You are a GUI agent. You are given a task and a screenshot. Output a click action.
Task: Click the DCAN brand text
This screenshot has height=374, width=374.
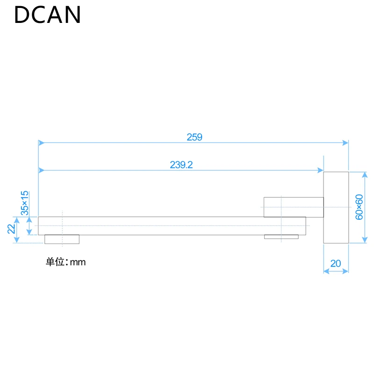(47, 14)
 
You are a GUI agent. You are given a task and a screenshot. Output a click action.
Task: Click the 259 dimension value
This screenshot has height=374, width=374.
(194, 137)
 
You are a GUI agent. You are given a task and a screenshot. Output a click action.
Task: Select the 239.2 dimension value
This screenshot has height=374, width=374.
(181, 165)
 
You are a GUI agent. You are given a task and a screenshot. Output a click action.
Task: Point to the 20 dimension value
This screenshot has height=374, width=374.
(336, 263)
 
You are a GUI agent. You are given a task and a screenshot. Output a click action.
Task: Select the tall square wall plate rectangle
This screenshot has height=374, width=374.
(336, 207)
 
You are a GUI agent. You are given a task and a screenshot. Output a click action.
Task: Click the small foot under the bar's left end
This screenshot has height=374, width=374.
(62, 239)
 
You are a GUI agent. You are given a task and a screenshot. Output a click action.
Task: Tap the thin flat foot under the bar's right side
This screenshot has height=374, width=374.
(281, 237)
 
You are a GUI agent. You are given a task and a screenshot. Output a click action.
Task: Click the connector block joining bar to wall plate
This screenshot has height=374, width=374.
(294, 207)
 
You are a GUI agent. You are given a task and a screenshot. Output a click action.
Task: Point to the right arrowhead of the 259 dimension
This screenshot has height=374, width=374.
(346, 143)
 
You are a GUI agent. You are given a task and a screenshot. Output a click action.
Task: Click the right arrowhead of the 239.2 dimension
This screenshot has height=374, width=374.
(321, 170)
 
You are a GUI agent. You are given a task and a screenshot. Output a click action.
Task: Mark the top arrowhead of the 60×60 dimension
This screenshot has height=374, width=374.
(365, 174)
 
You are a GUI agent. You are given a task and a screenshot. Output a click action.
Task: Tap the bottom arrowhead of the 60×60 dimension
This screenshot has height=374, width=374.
(365, 240)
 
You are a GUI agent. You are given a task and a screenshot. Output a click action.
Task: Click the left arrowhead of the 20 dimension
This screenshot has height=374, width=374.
(326, 271)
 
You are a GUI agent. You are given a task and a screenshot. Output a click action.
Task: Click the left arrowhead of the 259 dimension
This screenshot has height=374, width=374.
(41, 143)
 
